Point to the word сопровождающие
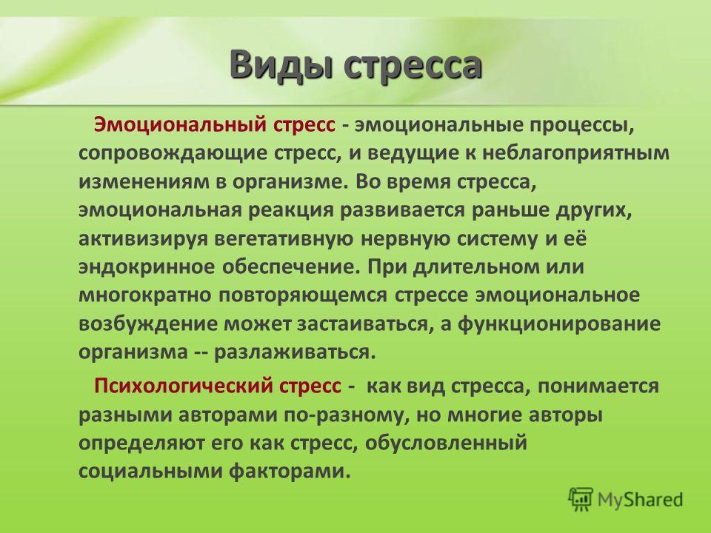pos(173,154)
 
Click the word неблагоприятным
pos(575,154)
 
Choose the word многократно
pos(145,296)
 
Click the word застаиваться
pos(362,324)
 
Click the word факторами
pos(290,472)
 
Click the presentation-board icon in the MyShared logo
pos(581,500)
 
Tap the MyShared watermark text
pos(640,500)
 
